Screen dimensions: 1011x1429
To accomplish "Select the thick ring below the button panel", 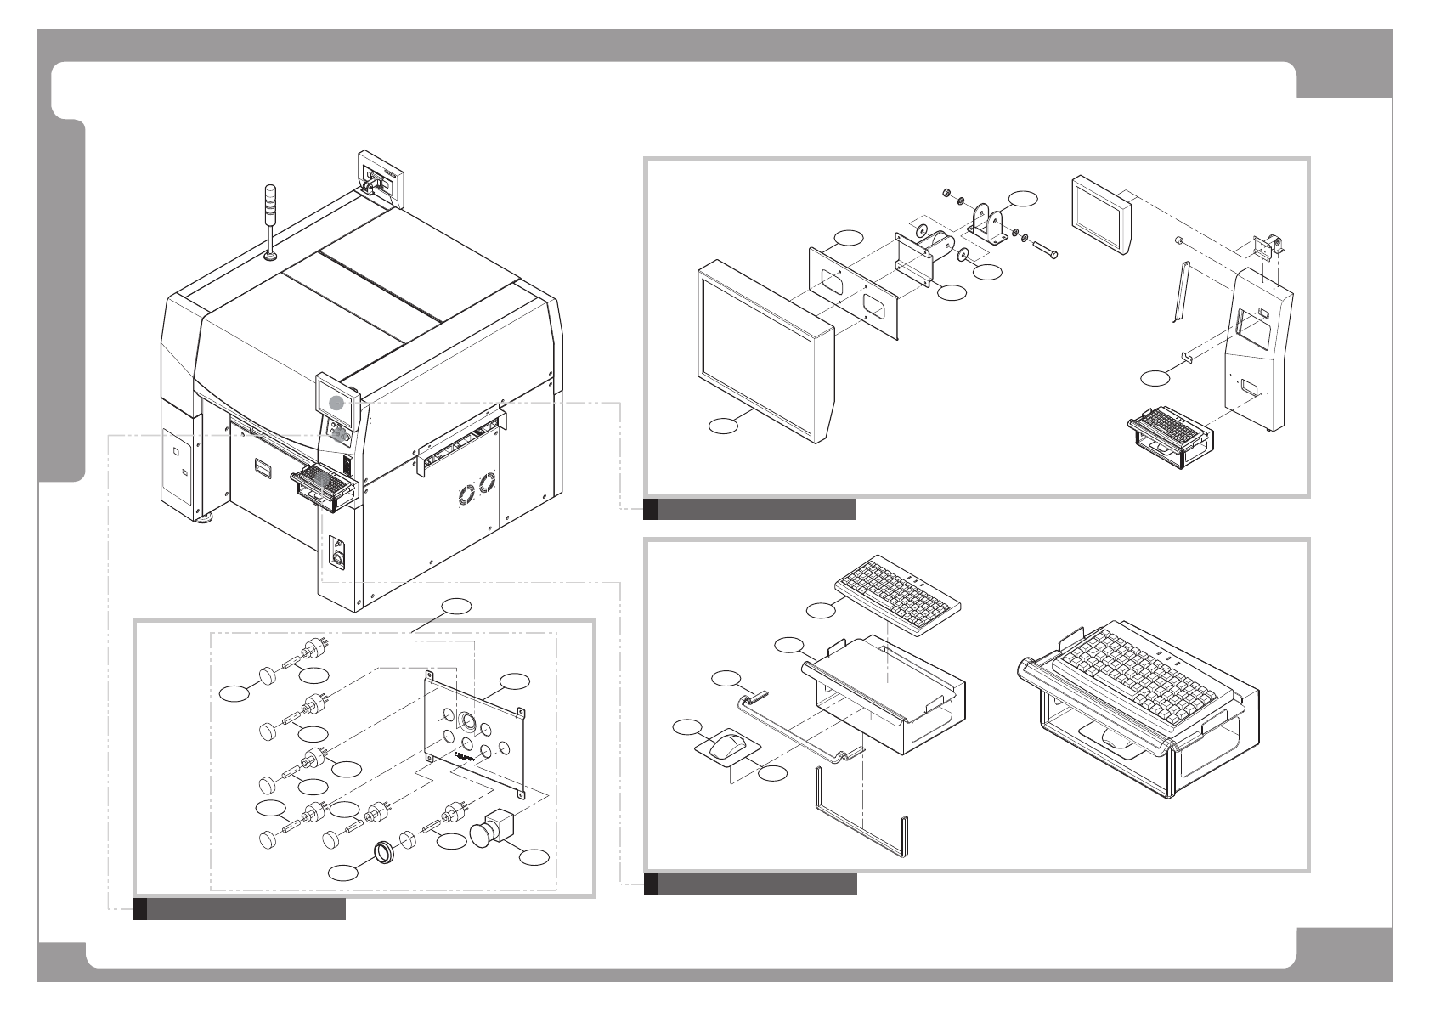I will [x=385, y=852].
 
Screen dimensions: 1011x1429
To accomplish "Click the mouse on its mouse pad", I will [x=725, y=748].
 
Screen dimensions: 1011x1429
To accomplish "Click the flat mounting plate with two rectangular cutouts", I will [x=853, y=294].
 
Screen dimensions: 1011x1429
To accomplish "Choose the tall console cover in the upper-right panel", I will [x=1258, y=347].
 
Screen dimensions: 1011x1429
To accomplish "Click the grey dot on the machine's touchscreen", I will [x=337, y=404].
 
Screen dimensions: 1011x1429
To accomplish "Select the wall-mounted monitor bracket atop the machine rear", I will [x=379, y=176].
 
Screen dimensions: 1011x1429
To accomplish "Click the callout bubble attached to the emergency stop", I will [x=534, y=857].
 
